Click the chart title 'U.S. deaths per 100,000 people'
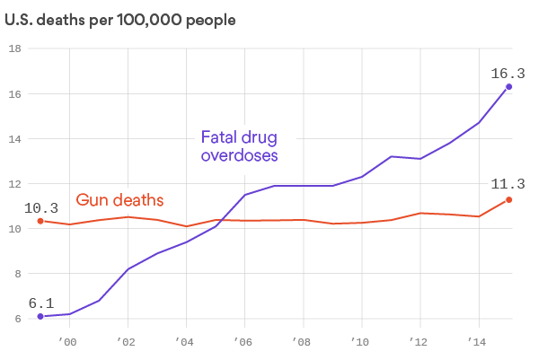click(x=121, y=19)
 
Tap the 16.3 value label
click(x=507, y=73)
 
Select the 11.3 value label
click(x=507, y=184)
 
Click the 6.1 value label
click(x=40, y=303)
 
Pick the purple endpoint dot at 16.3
click(x=509, y=87)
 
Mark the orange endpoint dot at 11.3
click(x=509, y=199)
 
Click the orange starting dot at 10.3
click(x=40, y=221)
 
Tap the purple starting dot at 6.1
click(x=40, y=316)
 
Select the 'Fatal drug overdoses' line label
click(x=239, y=146)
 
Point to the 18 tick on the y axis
click(x=14, y=48)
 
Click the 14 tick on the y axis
click(x=14, y=138)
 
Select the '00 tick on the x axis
click(x=68, y=342)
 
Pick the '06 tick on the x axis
click(x=243, y=342)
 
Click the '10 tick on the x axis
click(x=360, y=342)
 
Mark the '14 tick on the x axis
click(x=478, y=342)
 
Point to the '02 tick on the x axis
click(x=127, y=342)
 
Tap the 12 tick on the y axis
click(x=14, y=183)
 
